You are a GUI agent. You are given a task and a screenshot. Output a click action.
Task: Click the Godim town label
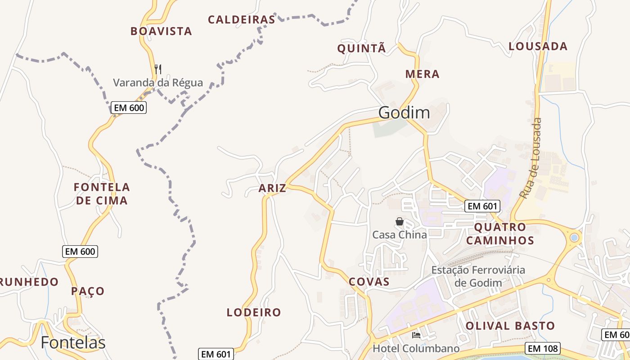(404, 112)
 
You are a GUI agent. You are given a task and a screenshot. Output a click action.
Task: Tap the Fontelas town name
(73, 343)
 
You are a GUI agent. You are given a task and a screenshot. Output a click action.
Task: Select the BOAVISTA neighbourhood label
(161, 31)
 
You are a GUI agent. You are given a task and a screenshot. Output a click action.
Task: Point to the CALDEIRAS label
(241, 19)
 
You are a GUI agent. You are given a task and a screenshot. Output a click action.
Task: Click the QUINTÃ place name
(362, 49)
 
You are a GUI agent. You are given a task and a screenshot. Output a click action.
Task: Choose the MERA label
(422, 74)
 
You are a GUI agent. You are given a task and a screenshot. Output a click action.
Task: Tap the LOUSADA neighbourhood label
(538, 46)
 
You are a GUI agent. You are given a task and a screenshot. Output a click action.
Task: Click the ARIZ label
(272, 188)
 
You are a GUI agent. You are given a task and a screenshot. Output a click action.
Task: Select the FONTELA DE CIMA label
(102, 193)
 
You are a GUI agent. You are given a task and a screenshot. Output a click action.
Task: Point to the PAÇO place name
(88, 291)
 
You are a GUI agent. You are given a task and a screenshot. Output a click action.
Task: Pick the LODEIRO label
(254, 312)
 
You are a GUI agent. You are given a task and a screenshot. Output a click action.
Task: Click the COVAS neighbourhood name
(369, 282)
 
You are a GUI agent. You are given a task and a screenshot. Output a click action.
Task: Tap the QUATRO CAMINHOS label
(500, 234)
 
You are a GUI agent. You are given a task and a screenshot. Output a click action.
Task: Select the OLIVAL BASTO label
(510, 325)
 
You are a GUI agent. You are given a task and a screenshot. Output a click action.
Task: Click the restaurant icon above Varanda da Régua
(157, 69)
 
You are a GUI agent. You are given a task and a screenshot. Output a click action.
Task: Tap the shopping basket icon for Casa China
(399, 221)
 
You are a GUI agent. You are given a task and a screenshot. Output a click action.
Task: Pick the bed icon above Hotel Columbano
(416, 335)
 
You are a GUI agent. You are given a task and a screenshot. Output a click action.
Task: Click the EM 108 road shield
(543, 348)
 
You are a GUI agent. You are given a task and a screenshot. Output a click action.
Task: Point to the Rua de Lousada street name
(531, 158)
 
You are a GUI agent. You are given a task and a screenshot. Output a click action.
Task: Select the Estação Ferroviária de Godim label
(478, 276)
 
